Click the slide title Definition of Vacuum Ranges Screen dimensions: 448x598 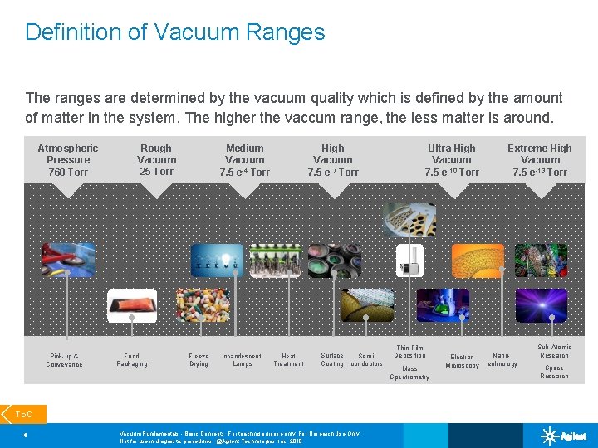click(174, 32)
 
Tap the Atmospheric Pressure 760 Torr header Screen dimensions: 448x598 click(67, 160)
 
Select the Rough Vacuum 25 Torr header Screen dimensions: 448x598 click(156, 160)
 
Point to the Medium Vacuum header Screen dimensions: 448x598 click(244, 160)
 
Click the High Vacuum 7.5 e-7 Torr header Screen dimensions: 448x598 click(332, 160)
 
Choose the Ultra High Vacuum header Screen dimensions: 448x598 click(452, 160)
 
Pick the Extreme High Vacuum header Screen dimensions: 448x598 click(540, 160)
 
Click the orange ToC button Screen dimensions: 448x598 click(23, 413)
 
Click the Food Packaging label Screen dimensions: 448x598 click(132, 360)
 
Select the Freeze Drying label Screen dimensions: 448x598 click(199, 360)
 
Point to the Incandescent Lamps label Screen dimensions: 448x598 click(242, 360)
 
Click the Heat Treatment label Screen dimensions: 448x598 click(288, 360)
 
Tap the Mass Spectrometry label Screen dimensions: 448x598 click(409, 373)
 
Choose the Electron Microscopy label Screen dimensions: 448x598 click(462, 362)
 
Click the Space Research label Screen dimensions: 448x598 click(554, 372)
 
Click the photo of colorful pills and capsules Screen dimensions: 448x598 click(203, 305)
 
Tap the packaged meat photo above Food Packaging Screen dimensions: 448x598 click(132, 305)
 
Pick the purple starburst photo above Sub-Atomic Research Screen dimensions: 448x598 click(541, 305)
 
